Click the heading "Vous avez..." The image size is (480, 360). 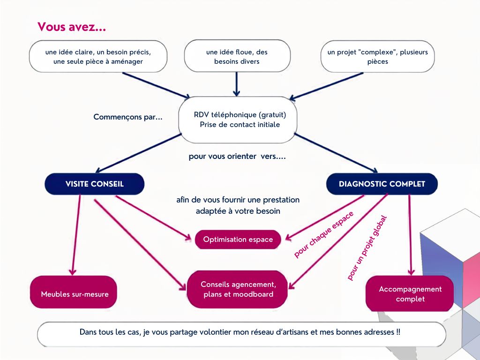[72, 27]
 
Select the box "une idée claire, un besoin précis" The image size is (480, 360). [98, 56]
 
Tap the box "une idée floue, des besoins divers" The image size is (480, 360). [237, 56]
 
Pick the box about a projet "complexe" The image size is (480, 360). [377, 56]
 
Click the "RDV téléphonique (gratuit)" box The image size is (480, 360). [238, 120]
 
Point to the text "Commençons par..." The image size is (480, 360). [128, 117]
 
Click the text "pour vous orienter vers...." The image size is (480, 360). [237, 157]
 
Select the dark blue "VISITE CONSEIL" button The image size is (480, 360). [95, 184]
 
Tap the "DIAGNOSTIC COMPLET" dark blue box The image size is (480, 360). [382, 184]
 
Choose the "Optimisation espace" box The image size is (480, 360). [238, 240]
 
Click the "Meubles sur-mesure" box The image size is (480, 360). [74, 292]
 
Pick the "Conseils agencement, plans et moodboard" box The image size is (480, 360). [237, 289]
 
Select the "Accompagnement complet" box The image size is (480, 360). [410, 294]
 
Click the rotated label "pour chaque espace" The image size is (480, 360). [323, 234]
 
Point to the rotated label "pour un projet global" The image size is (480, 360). [367, 248]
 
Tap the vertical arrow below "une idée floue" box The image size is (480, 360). [236, 84]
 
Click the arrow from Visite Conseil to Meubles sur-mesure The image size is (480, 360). [76, 235]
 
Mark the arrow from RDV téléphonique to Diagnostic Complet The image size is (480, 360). [336, 153]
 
